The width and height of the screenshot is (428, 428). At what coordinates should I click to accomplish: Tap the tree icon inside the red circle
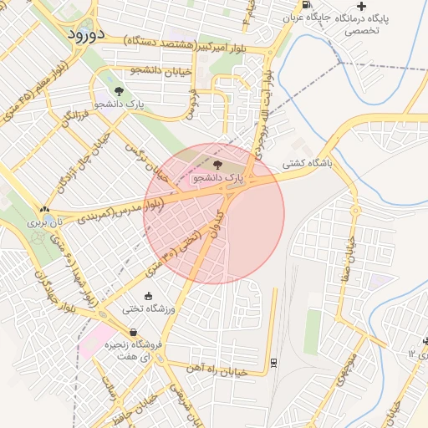[x=218, y=165]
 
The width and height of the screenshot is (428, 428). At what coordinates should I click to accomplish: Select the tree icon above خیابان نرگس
[x=120, y=90]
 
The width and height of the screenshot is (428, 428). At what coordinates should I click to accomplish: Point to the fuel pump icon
[x=306, y=4]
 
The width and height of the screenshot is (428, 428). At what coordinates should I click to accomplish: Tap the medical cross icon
[x=361, y=6]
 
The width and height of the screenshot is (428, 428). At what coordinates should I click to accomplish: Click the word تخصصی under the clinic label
[x=363, y=30]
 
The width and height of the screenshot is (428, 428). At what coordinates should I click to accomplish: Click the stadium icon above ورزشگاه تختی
[x=149, y=295]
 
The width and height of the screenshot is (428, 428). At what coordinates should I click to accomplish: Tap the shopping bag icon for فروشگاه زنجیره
[x=133, y=332]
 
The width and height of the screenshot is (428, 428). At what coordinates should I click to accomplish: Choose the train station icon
[x=273, y=362]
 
